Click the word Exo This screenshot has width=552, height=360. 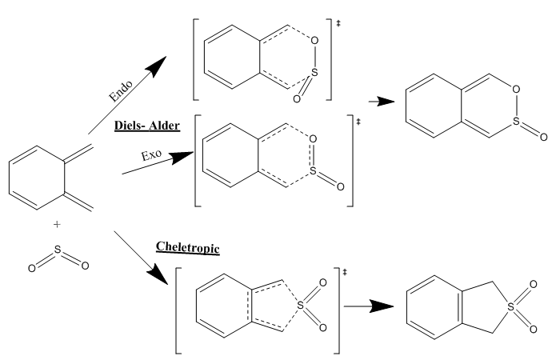[x=151, y=154]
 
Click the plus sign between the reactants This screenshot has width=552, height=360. [x=56, y=225]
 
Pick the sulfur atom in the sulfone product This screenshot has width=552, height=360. [x=505, y=305]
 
